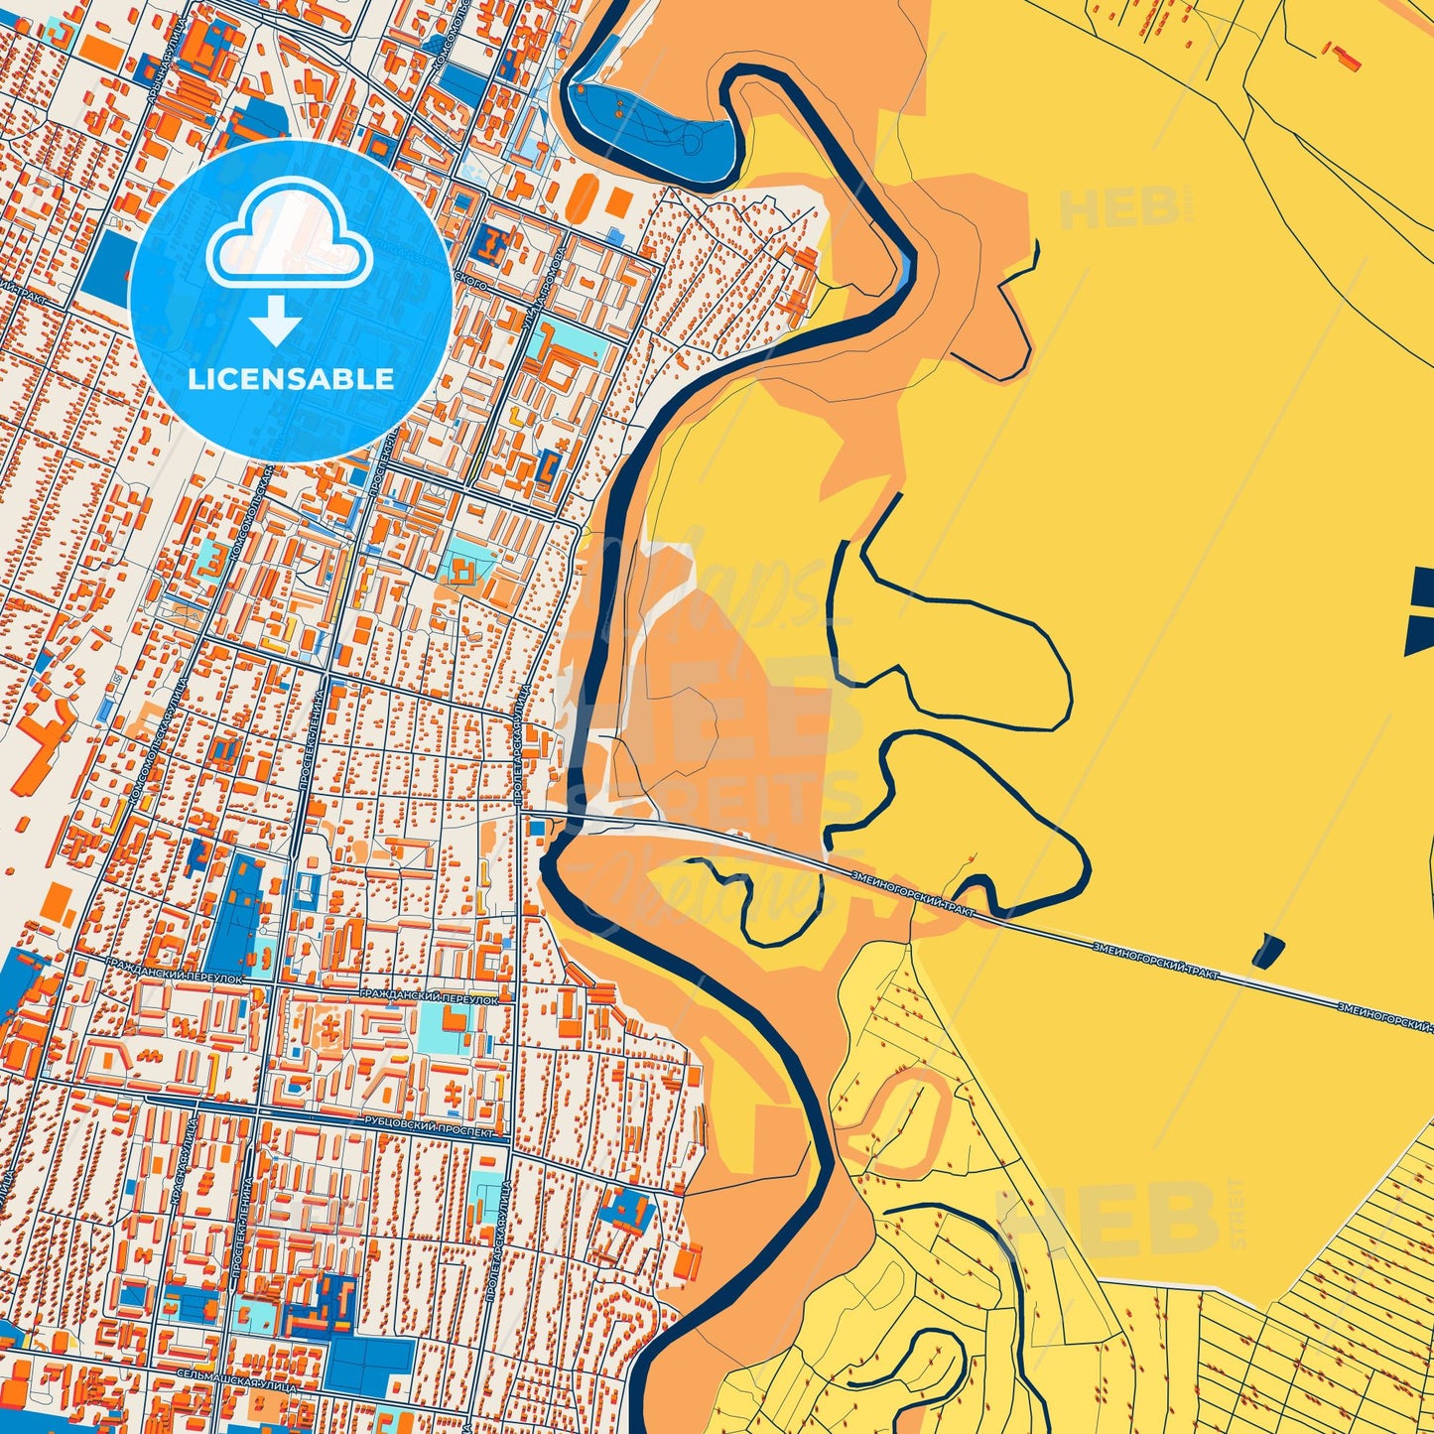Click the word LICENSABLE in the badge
click(x=291, y=379)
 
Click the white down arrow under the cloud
click(x=276, y=320)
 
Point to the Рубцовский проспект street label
click(x=429, y=1130)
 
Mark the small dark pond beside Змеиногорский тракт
click(x=1267, y=950)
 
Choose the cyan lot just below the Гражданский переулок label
click(x=446, y=1028)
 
